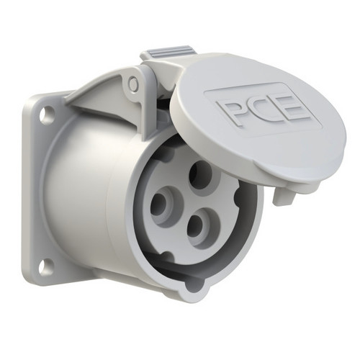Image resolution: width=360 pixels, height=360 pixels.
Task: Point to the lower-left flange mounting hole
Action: click(x=47, y=266)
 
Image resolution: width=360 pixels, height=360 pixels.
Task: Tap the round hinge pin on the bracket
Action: click(x=132, y=83)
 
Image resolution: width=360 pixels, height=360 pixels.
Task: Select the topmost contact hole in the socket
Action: click(x=200, y=174)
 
